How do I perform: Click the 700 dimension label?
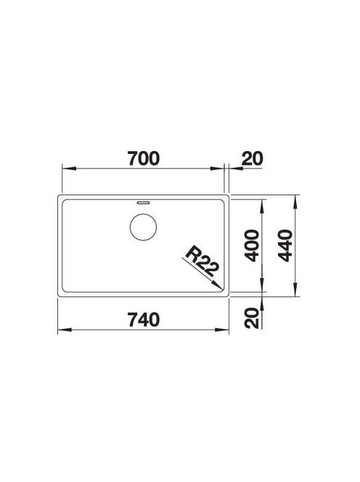(144, 159)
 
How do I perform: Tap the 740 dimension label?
(144, 319)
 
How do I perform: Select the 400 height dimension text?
(253, 245)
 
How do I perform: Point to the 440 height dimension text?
(285, 245)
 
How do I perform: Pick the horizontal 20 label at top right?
(253, 159)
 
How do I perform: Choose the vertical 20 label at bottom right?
(253, 318)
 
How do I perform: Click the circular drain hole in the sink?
(143, 227)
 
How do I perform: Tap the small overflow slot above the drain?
(143, 203)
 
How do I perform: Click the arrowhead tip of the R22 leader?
(222, 289)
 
